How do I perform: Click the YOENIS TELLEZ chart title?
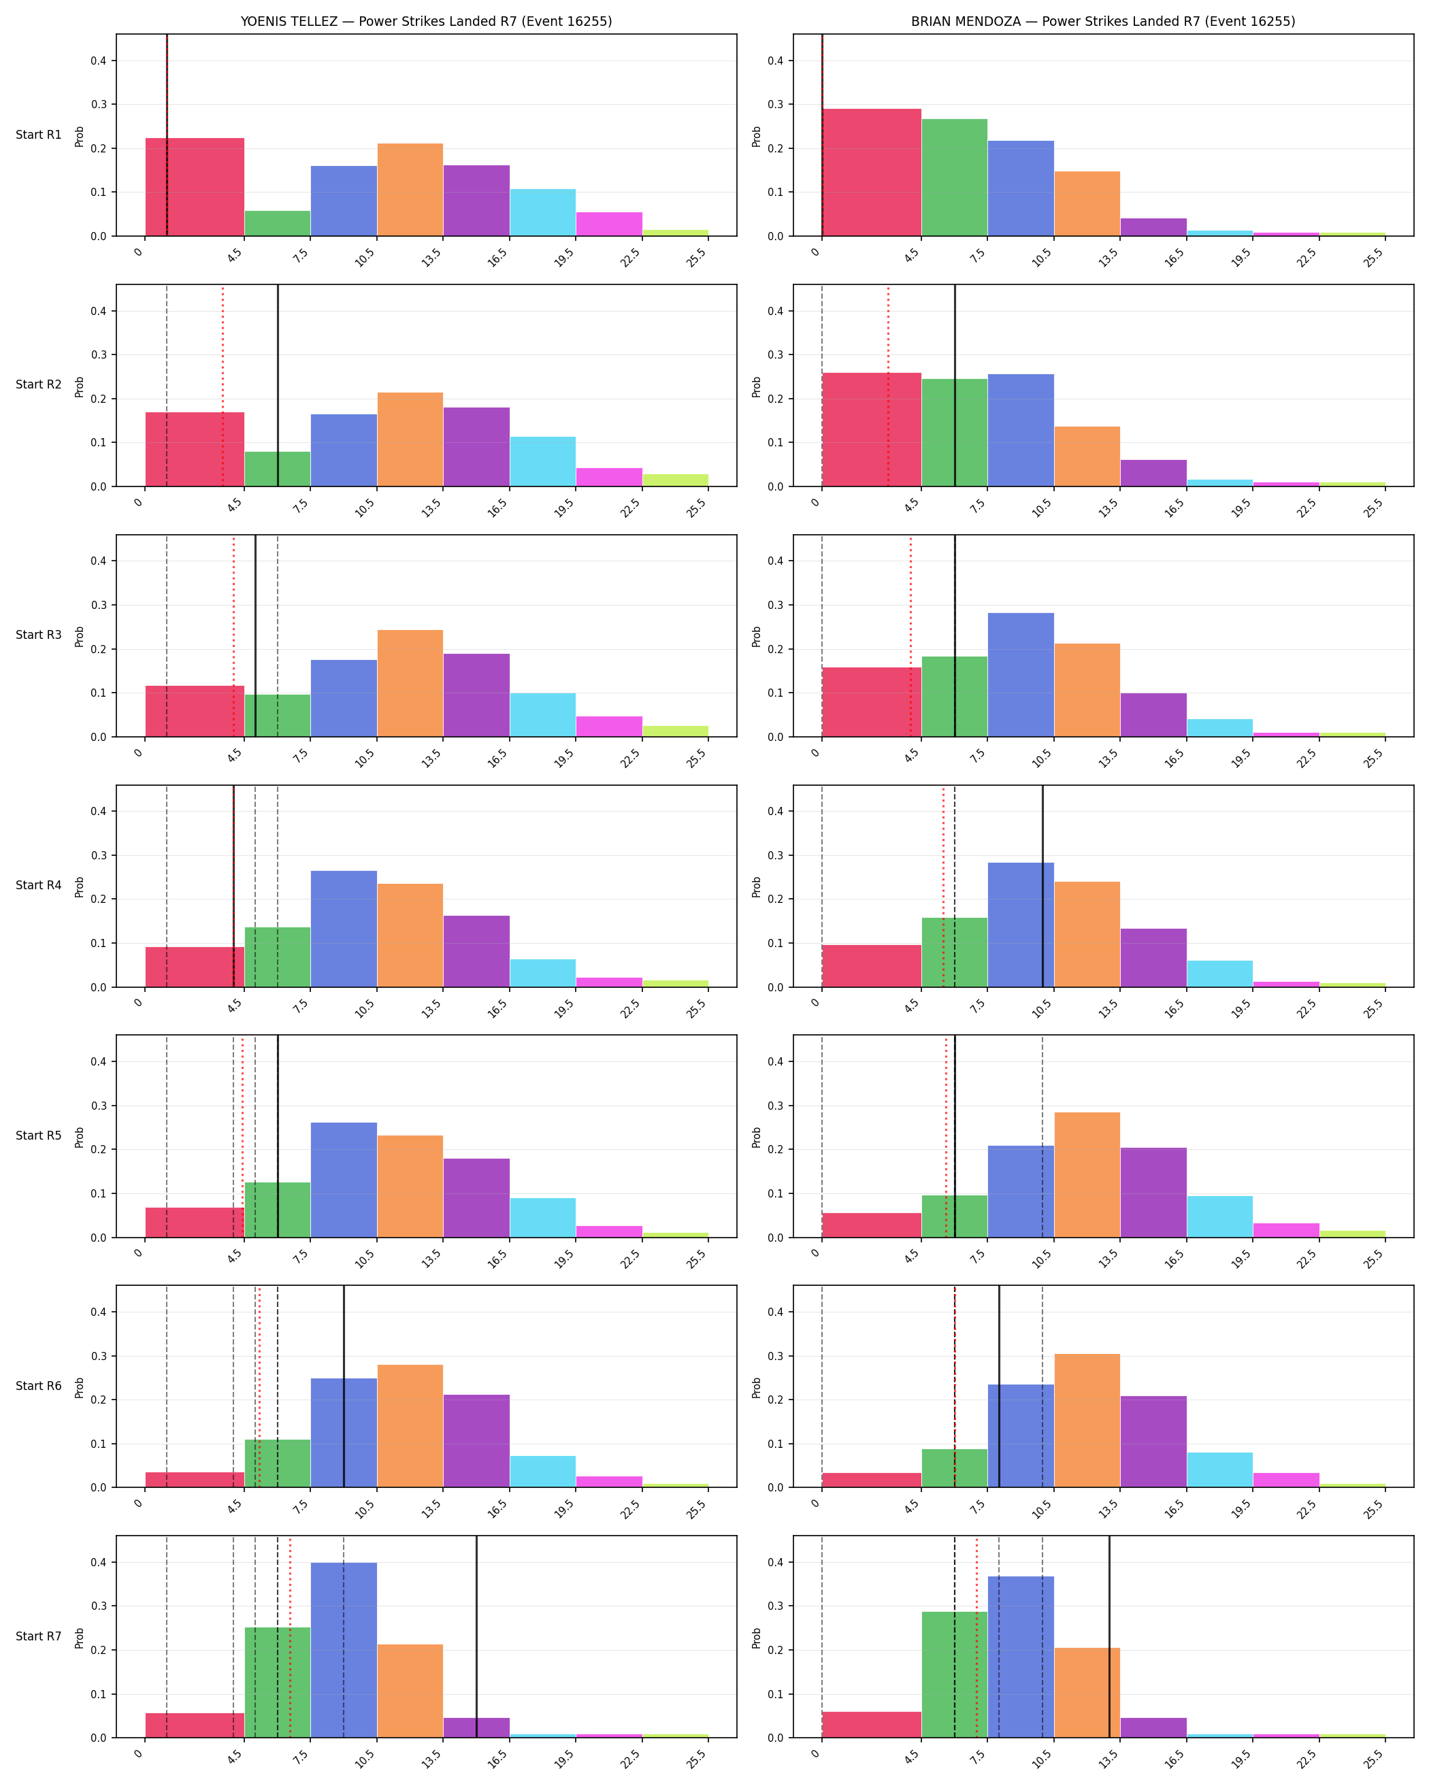(x=426, y=22)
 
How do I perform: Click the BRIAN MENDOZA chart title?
(x=1102, y=22)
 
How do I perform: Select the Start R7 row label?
(x=39, y=1636)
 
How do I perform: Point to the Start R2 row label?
(x=39, y=384)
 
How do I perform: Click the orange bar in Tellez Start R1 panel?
(x=410, y=190)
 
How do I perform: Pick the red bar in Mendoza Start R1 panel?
(x=872, y=172)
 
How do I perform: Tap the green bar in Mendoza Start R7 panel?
(x=954, y=1675)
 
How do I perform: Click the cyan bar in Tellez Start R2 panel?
(x=542, y=461)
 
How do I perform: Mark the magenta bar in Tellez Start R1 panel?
(x=609, y=225)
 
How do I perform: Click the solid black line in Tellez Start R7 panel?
(x=476, y=1637)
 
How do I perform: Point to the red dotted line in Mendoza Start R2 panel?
(x=888, y=385)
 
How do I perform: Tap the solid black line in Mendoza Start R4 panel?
(x=1042, y=887)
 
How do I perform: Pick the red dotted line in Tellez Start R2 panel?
(x=222, y=385)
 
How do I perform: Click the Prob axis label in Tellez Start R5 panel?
(x=80, y=1136)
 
